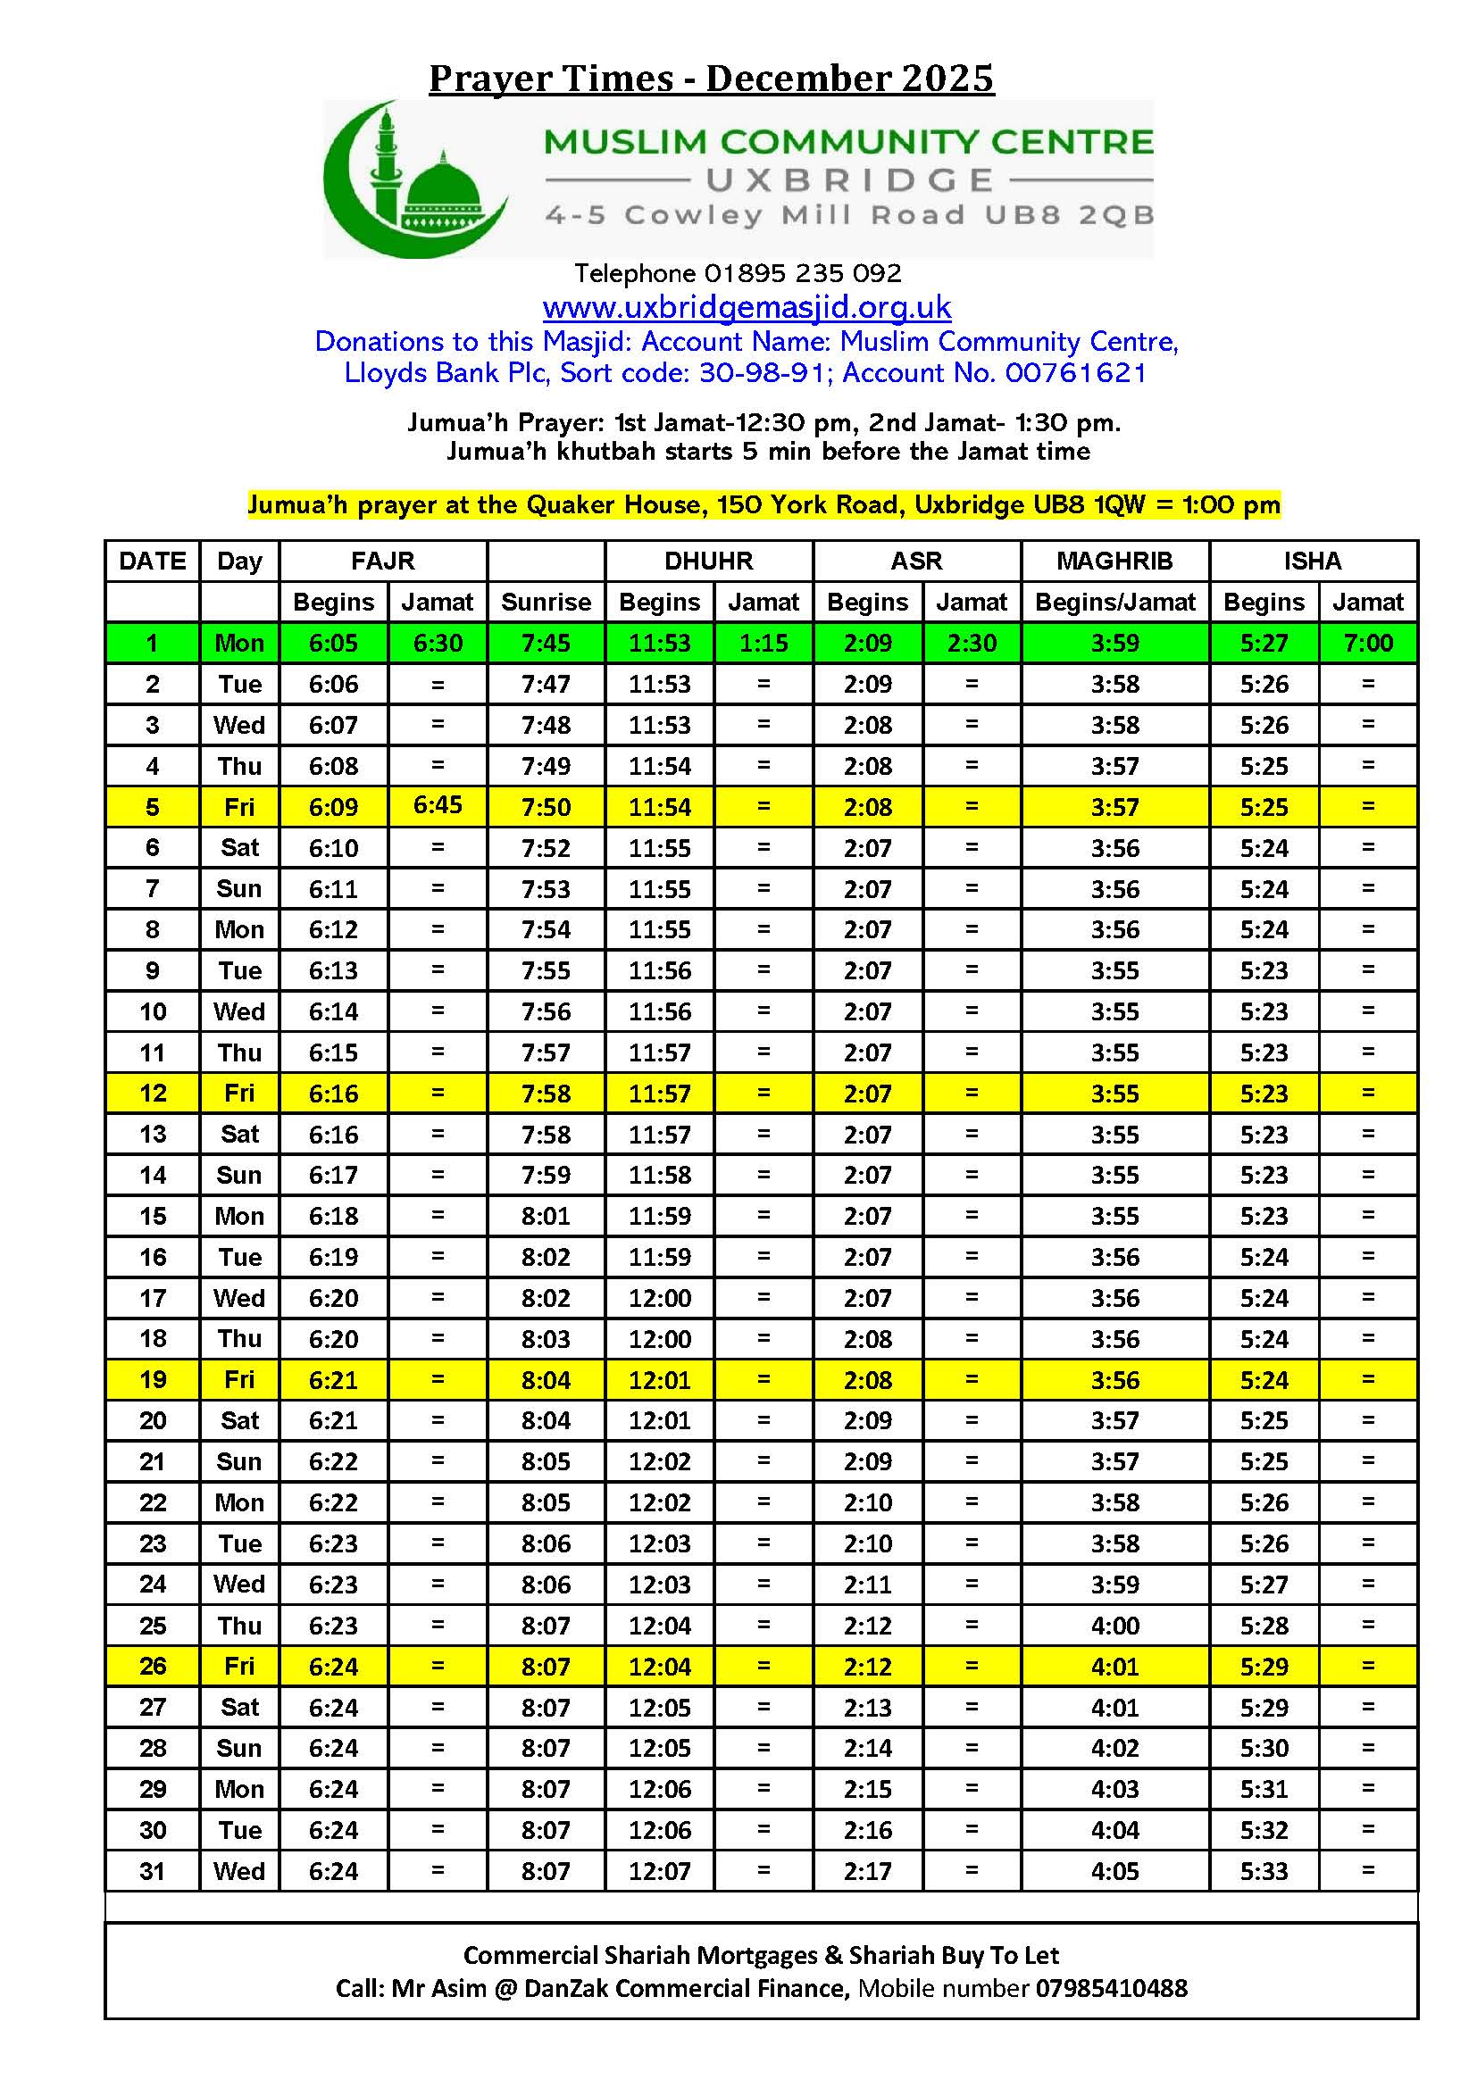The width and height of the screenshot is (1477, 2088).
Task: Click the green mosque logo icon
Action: [415, 179]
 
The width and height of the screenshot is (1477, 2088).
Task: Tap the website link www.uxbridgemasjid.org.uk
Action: [747, 307]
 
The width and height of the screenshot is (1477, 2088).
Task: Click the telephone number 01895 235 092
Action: [802, 273]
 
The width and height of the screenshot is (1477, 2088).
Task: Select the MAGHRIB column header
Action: [1114, 561]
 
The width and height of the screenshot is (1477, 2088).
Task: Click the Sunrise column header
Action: [546, 602]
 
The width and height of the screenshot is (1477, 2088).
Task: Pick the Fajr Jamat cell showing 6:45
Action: [438, 805]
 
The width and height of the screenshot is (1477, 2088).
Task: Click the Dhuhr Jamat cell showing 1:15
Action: [763, 643]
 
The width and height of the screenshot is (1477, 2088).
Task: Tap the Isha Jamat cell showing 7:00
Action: [1367, 643]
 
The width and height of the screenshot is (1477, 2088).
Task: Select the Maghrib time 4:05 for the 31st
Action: [1114, 1871]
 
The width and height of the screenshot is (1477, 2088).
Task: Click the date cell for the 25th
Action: [152, 1625]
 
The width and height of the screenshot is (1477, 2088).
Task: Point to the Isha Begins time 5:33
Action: [1264, 1871]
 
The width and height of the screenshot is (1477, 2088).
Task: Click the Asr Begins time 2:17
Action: [867, 1871]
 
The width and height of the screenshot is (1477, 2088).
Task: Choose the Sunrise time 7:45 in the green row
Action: [546, 643]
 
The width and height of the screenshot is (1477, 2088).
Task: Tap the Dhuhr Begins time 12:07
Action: [659, 1871]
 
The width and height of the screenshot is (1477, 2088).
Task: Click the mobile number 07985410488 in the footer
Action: [1111, 1988]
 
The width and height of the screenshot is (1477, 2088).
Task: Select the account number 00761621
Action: [1075, 373]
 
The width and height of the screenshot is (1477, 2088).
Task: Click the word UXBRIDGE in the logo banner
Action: [849, 180]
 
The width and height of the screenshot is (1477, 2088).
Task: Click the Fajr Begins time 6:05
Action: [333, 643]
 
